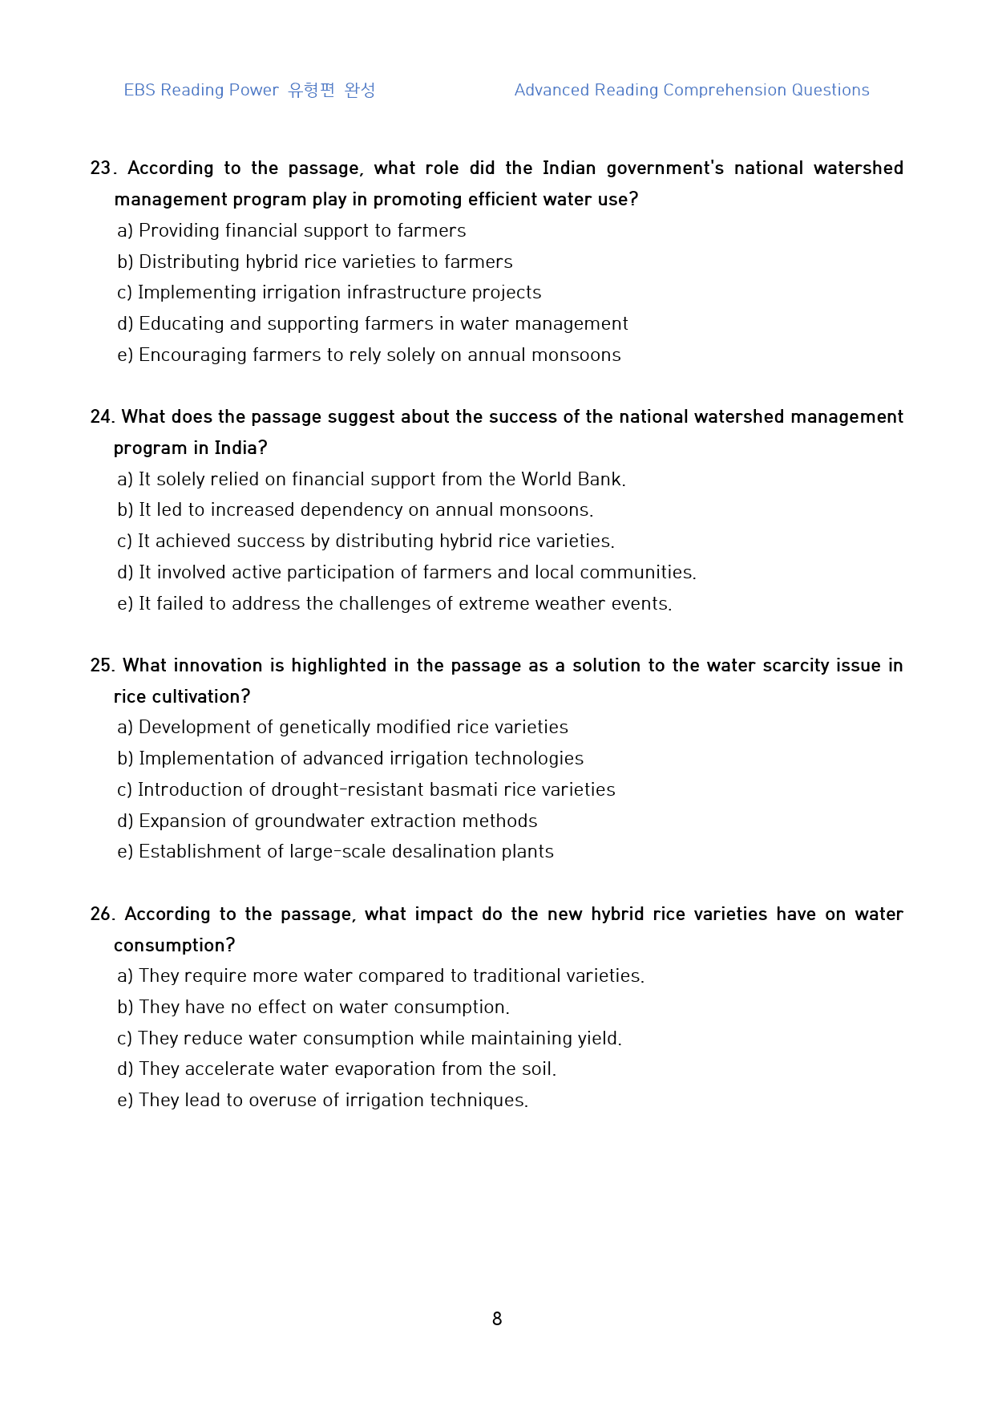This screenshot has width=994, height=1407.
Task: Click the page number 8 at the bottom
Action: [x=497, y=1319]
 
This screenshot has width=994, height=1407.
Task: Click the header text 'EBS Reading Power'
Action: [x=201, y=90]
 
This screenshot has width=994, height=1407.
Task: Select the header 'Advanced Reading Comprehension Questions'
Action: [x=691, y=90]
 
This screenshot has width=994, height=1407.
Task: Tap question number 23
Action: [x=103, y=168]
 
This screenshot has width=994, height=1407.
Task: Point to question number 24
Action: [x=102, y=417]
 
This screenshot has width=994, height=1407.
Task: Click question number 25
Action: [x=102, y=666]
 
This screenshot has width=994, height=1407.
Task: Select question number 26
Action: [x=102, y=914]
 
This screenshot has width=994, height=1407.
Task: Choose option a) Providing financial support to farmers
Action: [x=291, y=231]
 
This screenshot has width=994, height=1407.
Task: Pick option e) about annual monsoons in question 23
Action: [x=369, y=355]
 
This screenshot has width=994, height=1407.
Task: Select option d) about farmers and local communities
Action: [x=406, y=573]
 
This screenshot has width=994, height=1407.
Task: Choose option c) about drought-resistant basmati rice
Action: [x=366, y=790]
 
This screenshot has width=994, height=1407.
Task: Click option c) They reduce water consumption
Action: [x=370, y=1039]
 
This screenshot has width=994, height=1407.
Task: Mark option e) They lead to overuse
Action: [x=323, y=1101]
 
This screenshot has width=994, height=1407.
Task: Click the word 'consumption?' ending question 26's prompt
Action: [x=174, y=946]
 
